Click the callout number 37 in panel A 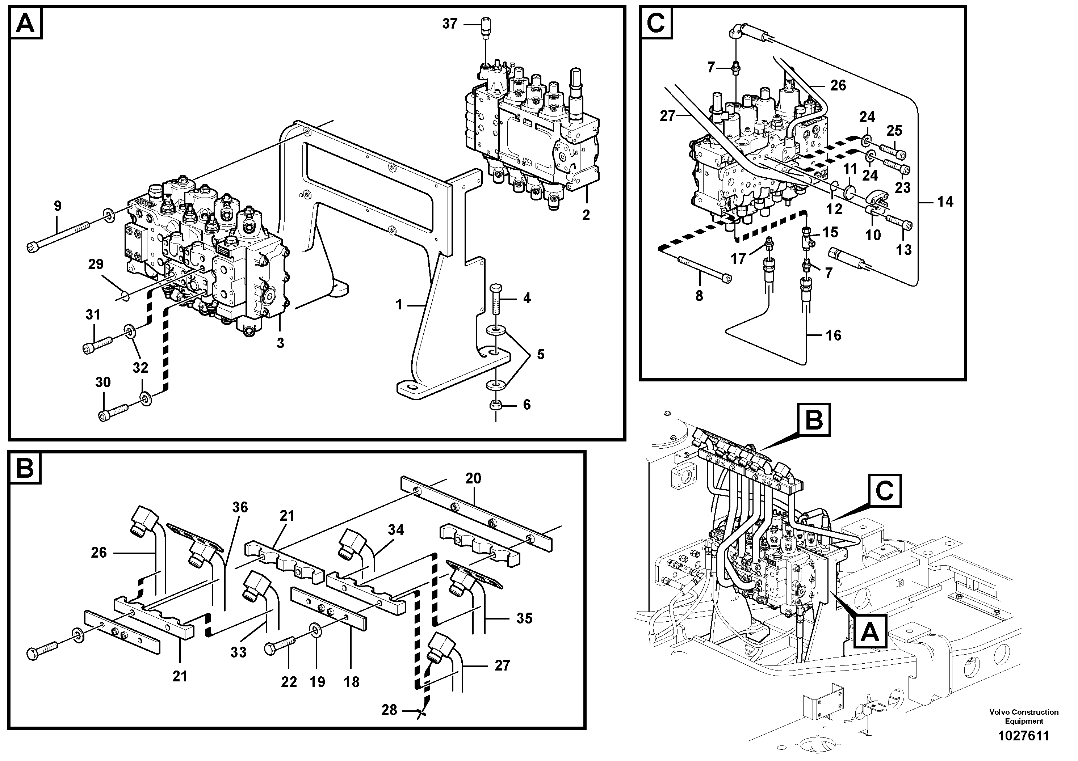[449, 24]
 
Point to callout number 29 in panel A [96, 264]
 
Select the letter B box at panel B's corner [24, 468]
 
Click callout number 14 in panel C [945, 202]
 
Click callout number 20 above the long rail [473, 478]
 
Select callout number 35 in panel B [524, 618]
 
